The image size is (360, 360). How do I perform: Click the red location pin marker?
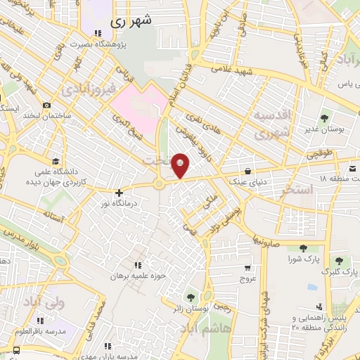click(x=181, y=165)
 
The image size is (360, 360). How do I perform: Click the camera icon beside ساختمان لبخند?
click(x=46, y=105)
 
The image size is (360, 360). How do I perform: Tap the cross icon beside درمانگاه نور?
click(x=119, y=192)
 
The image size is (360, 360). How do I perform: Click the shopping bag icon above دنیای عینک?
click(x=247, y=170)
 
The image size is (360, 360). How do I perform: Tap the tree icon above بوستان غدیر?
click(x=323, y=118)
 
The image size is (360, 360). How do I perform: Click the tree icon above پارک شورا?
click(x=303, y=248)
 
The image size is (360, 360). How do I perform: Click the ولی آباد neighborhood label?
click(x=43, y=302)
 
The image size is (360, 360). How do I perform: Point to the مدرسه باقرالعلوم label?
click(x=60, y=330)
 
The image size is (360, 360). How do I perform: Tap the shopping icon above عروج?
click(x=247, y=267)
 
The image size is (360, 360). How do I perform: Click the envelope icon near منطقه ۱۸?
click(x=353, y=169)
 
